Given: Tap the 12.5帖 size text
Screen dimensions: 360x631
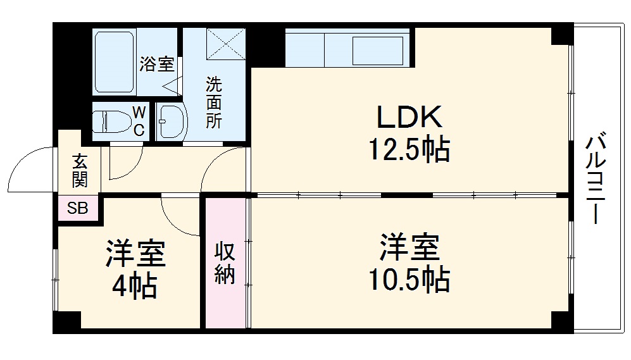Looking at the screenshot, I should click(409, 151).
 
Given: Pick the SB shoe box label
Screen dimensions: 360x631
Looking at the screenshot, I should click(78, 208).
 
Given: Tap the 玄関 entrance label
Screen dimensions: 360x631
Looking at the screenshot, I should click(80, 171).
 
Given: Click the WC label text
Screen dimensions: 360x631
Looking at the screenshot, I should click(139, 121).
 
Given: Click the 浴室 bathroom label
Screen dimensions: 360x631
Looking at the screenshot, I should click(156, 64).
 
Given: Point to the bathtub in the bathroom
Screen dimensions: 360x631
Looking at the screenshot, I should click(114, 61).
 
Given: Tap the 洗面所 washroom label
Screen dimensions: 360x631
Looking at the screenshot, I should click(214, 102).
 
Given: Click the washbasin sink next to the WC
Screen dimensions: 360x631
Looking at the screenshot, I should click(169, 120).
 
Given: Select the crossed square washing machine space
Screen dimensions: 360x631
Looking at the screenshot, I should click(225, 44).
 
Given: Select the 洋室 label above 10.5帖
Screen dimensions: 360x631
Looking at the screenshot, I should click(409, 247).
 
